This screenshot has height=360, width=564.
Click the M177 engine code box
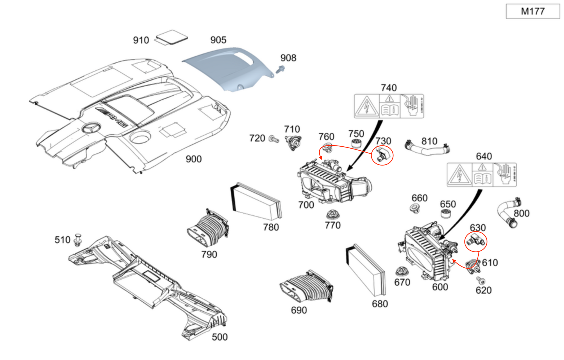[532, 11]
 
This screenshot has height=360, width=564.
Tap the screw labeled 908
[280, 70]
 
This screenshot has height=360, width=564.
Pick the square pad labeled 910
[171, 38]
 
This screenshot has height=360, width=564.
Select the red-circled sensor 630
[476, 241]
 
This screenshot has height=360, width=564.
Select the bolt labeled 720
[273, 139]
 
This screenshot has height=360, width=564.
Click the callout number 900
[193, 159]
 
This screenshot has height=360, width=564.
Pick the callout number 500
[219, 337]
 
